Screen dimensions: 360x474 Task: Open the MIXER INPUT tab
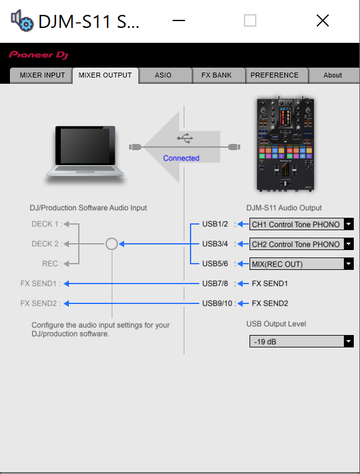click(42, 75)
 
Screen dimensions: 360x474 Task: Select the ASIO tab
click(163, 75)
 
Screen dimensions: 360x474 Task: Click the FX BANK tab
click(217, 75)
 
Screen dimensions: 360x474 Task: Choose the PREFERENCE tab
click(274, 75)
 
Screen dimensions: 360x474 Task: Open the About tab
click(333, 75)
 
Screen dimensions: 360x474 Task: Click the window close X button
click(323, 20)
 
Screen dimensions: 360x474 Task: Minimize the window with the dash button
click(179, 20)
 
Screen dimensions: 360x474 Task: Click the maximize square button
click(250, 20)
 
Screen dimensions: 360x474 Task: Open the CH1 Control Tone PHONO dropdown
click(301, 225)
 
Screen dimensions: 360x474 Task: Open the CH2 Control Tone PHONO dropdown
click(301, 244)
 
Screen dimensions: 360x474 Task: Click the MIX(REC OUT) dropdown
click(301, 264)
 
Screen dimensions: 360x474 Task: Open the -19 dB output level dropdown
click(301, 341)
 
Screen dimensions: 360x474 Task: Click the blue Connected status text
click(181, 158)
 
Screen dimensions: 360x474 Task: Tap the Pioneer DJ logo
click(38, 55)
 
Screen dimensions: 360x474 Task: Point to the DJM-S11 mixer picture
click(285, 144)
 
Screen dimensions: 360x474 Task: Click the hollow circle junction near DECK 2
click(112, 238)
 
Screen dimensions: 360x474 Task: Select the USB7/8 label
click(215, 284)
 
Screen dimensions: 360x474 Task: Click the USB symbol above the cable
click(185, 138)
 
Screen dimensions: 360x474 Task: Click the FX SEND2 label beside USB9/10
click(270, 303)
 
